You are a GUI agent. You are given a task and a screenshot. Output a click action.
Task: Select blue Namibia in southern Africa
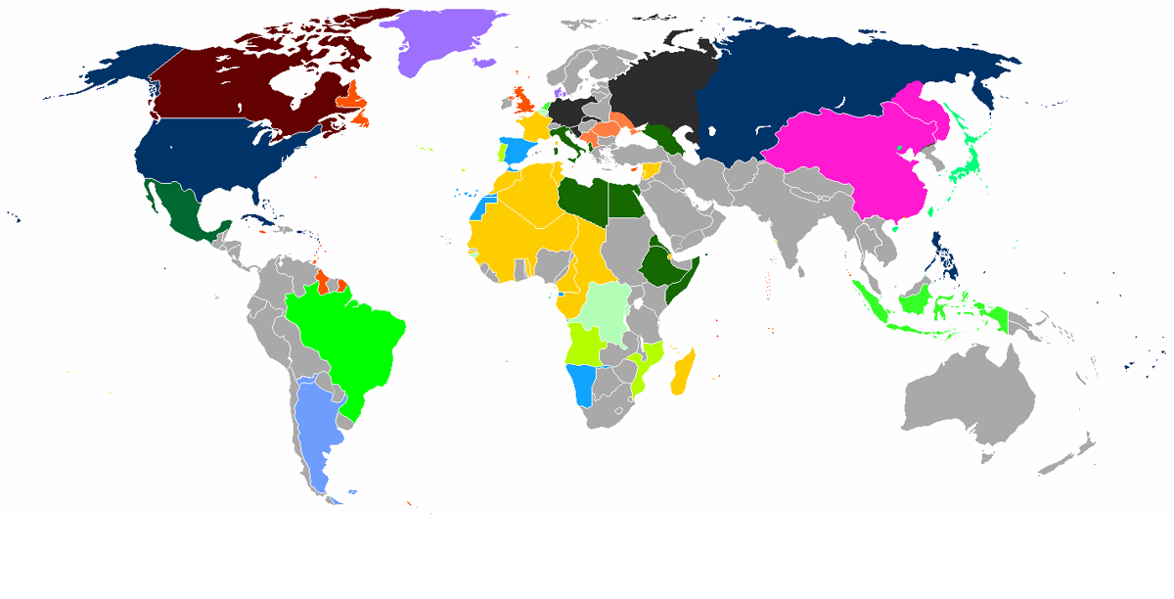(x=583, y=384)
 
